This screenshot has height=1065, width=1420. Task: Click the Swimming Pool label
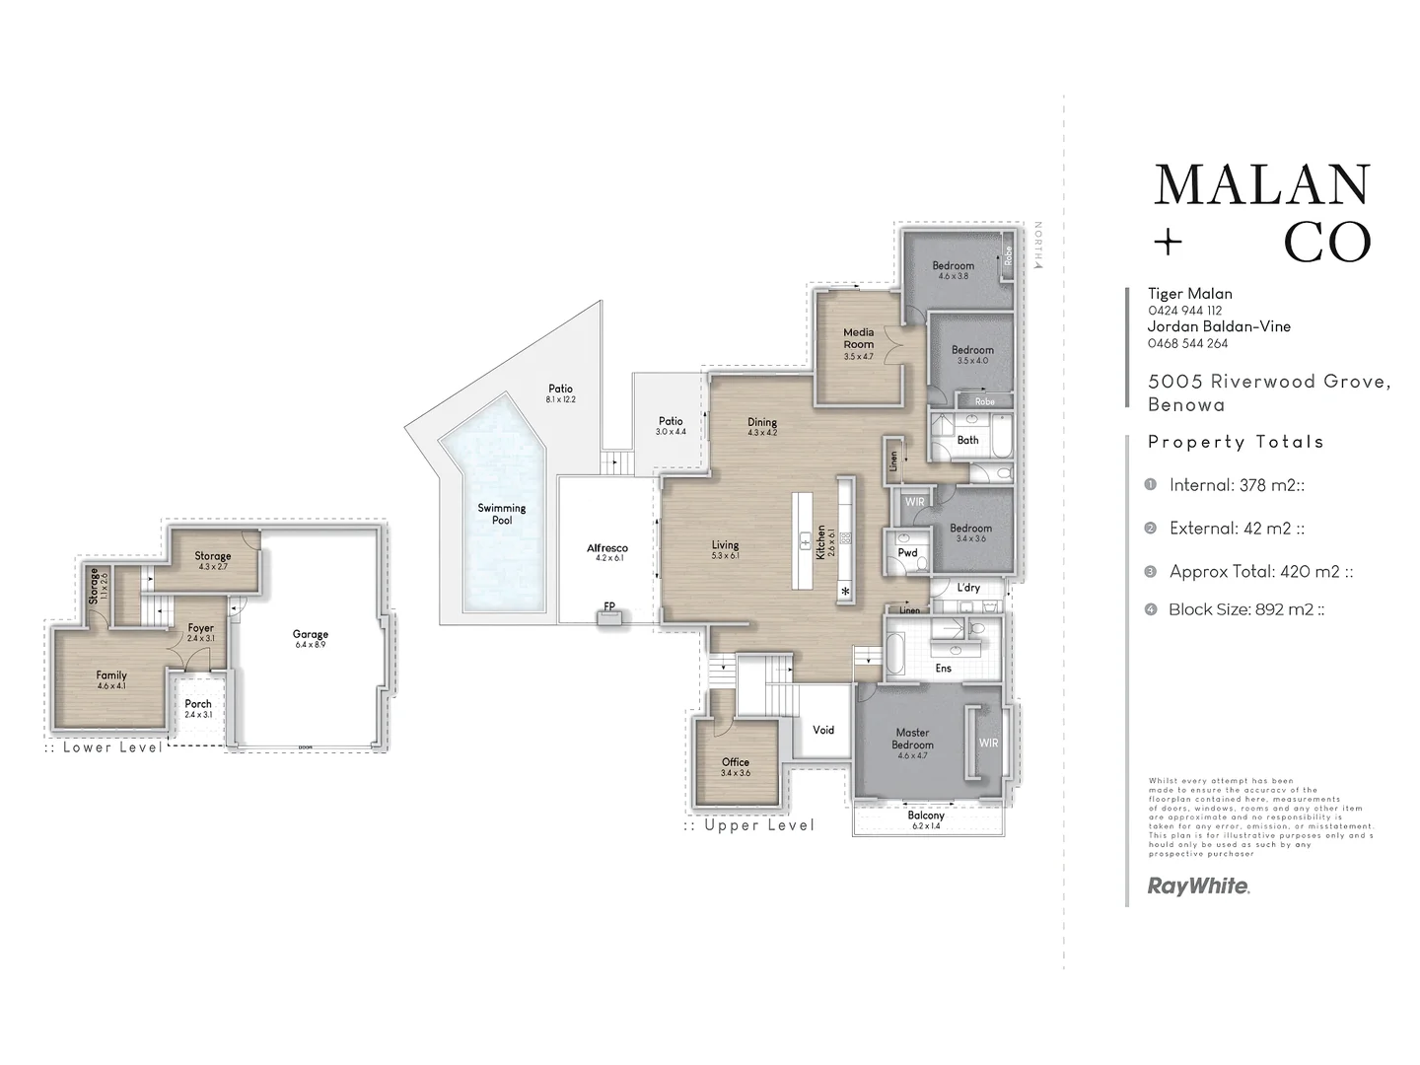[x=502, y=514]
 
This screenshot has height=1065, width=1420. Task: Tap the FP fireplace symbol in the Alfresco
[x=609, y=616]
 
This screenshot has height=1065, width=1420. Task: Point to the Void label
[x=823, y=730]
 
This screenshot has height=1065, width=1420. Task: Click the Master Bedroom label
[x=912, y=739]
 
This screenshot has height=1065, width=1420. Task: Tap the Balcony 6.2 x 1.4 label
[x=926, y=819]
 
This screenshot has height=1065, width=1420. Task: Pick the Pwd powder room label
[x=907, y=552]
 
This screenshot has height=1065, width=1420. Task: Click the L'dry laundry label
[x=968, y=588]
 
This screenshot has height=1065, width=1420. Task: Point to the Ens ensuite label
[x=943, y=669]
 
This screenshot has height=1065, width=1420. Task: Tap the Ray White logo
[x=1198, y=886]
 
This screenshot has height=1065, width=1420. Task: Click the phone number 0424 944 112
[x=1184, y=310]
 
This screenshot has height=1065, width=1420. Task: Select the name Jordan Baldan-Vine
[x=1219, y=326]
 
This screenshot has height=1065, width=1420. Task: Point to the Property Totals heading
[x=1235, y=442]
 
